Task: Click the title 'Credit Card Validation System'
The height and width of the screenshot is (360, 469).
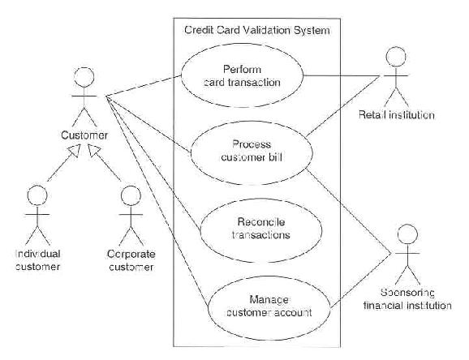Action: click(x=257, y=30)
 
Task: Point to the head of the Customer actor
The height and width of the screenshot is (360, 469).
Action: click(x=84, y=77)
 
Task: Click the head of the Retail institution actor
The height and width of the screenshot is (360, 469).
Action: click(x=396, y=56)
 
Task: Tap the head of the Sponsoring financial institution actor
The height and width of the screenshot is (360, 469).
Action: click(x=407, y=234)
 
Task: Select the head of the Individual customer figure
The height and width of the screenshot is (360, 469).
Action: click(x=37, y=195)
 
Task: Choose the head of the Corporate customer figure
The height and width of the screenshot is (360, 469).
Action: click(x=131, y=195)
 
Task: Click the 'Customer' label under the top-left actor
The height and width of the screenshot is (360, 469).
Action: click(x=84, y=135)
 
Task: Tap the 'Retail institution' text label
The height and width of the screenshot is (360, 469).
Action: click(x=397, y=115)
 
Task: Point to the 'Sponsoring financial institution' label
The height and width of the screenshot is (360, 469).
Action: click(x=407, y=299)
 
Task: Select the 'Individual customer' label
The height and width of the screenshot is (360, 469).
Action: click(x=37, y=260)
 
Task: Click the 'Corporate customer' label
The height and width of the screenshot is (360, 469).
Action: click(x=131, y=260)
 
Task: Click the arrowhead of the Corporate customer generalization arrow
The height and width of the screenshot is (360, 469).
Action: click(x=93, y=150)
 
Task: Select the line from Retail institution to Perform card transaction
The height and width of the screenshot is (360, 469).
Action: click(x=342, y=75)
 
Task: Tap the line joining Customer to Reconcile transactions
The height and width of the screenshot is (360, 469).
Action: click(x=153, y=164)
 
